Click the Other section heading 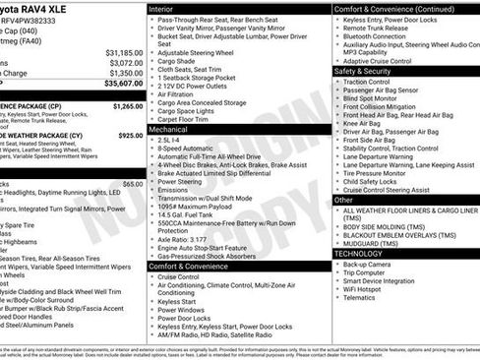(343, 200)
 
